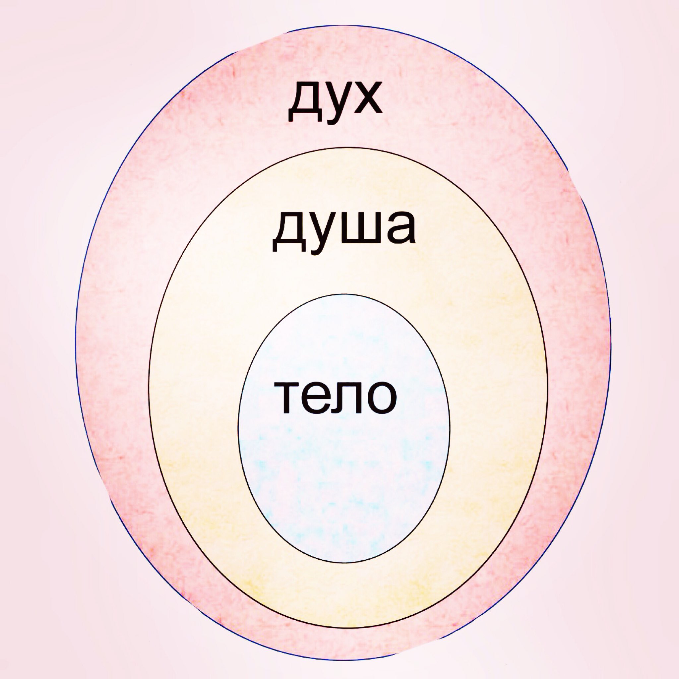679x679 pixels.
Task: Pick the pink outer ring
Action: point(112,351)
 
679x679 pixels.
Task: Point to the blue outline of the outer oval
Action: point(76,351)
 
